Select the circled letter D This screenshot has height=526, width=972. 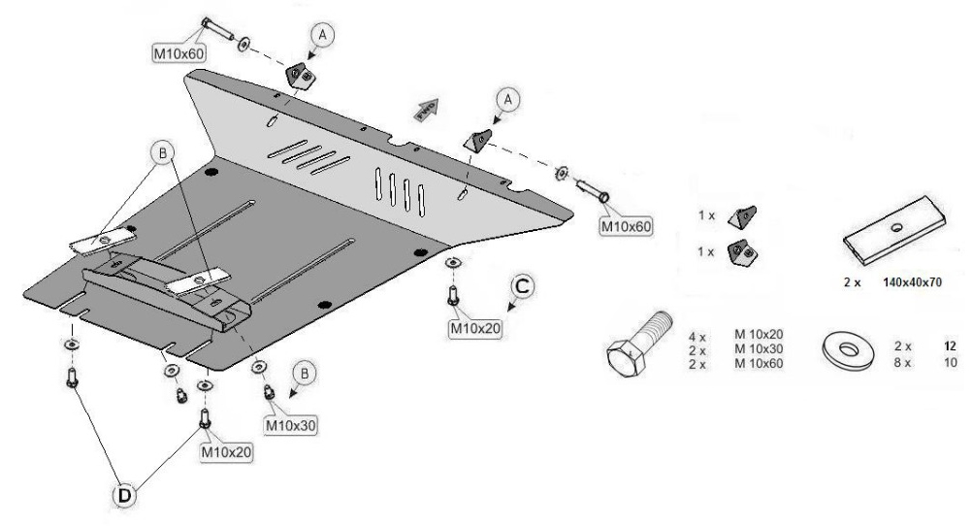[125, 495]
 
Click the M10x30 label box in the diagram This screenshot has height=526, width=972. [291, 425]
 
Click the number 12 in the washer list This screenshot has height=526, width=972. [951, 345]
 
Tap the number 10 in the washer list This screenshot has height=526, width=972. [951, 362]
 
